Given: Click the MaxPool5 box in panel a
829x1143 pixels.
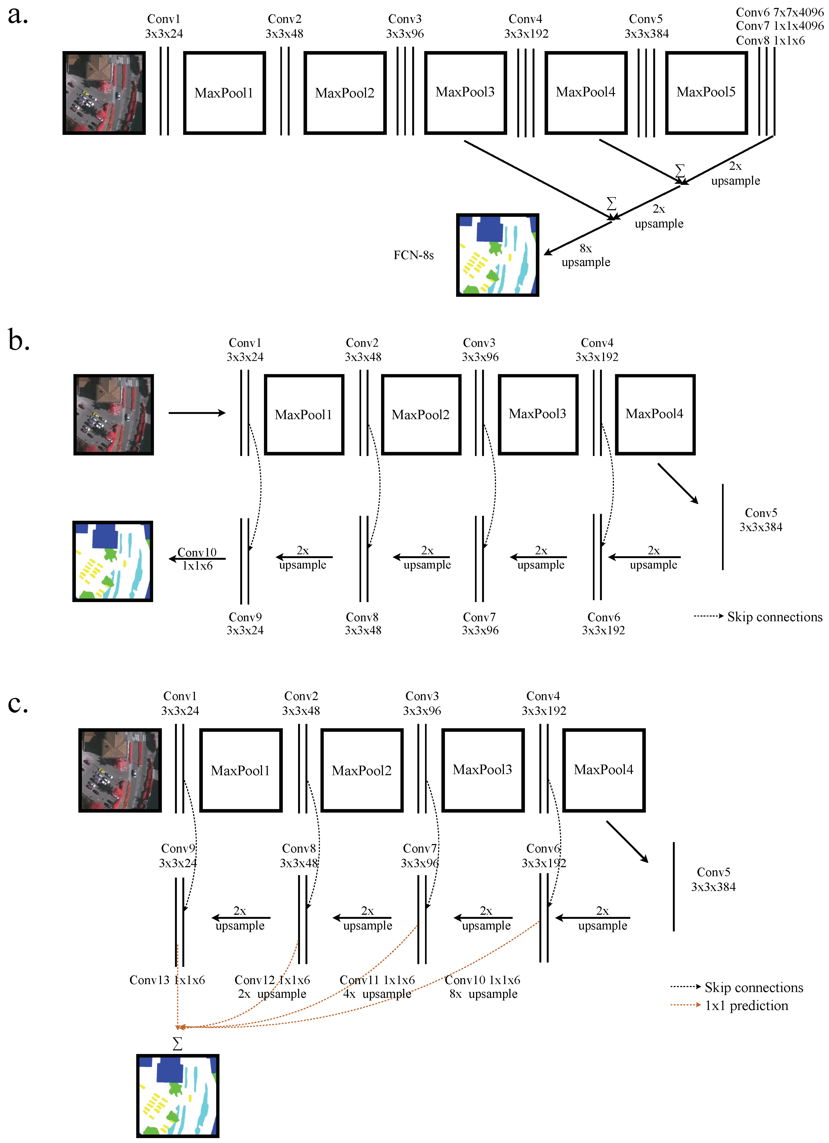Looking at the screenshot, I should click(706, 93).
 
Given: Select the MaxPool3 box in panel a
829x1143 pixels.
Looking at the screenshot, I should click(465, 93).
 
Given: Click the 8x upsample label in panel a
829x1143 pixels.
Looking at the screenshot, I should click(586, 256).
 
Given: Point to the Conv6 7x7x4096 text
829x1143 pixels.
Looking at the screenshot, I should click(779, 12).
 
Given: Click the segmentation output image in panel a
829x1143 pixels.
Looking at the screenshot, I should click(497, 255).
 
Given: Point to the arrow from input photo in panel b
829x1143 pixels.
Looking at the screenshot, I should click(197, 413).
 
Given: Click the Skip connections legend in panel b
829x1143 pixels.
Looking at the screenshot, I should click(774, 617).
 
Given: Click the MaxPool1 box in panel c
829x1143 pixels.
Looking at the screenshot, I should click(240, 771).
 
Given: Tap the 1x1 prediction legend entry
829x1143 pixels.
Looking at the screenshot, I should click(746, 1006).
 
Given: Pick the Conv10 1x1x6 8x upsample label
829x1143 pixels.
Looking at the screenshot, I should click(482, 987).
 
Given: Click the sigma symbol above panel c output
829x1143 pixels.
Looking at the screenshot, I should click(177, 1044).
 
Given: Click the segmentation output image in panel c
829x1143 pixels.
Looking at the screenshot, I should click(177, 1096).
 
